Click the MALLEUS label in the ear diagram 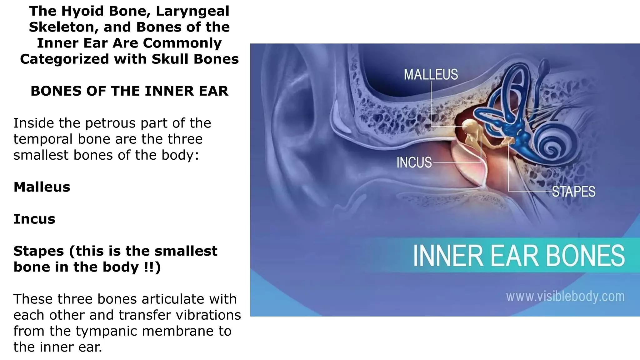click(x=431, y=74)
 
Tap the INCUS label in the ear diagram click(x=414, y=162)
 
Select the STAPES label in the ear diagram click(x=573, y=192)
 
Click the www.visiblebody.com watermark click(x=565, y=296)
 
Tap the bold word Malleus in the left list click(x=42, y=187)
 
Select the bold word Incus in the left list click(x=34, y=219)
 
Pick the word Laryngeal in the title click(x=192, y=11)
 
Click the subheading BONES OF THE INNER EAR click(x=129, y=91)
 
